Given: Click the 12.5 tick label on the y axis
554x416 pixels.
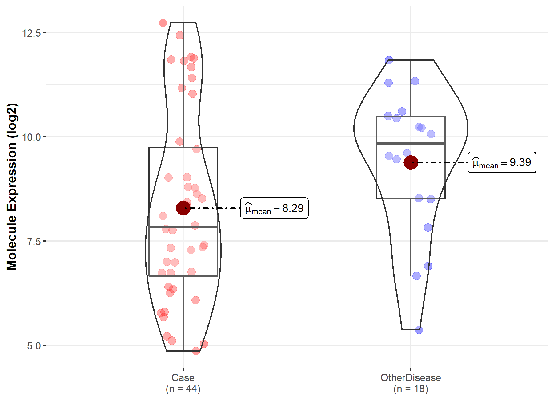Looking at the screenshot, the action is point(31,33).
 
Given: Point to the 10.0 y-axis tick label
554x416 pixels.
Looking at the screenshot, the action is point(31,137).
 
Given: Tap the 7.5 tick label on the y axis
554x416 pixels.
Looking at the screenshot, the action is point(34,242).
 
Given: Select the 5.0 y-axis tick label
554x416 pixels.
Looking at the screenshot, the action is point(34,346).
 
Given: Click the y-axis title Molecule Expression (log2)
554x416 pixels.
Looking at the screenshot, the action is point(12,187).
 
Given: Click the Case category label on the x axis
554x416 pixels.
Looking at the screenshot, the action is point(183,378).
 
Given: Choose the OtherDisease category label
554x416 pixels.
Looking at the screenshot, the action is point(411,378).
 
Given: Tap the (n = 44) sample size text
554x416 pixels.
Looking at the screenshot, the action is point(183,389).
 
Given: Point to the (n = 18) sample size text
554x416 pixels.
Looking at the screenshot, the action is point(411,389).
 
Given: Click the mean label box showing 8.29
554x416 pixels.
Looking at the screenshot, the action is point(274,208).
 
